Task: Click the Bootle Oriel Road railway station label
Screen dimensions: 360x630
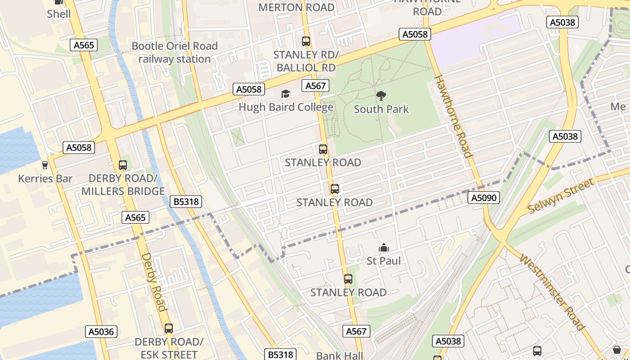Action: point(175,52)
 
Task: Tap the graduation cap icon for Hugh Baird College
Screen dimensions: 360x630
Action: point(285,94)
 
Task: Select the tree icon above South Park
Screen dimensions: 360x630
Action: point(381,95)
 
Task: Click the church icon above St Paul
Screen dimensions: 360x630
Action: point(384,247)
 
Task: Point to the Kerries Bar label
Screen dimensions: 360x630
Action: point(45,179)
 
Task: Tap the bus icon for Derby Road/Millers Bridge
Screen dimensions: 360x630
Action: point(123,165)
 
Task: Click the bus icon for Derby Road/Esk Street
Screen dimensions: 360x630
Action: point(169,328)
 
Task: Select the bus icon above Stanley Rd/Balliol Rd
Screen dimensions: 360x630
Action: point(306,41)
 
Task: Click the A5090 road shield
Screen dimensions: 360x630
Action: point(484,198)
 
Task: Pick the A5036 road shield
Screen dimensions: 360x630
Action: point(102,332)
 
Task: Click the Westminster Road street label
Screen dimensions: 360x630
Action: point(552,292)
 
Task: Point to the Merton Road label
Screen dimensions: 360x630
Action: point(297,7)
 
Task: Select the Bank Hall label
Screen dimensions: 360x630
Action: point(339,355)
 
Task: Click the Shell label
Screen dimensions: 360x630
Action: point(59,13)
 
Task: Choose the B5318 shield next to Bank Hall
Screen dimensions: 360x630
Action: point(281,354)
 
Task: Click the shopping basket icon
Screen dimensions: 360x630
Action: point(616,350)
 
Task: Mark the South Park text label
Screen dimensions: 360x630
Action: point(381,109)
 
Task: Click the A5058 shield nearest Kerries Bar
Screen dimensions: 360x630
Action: point(79,147)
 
